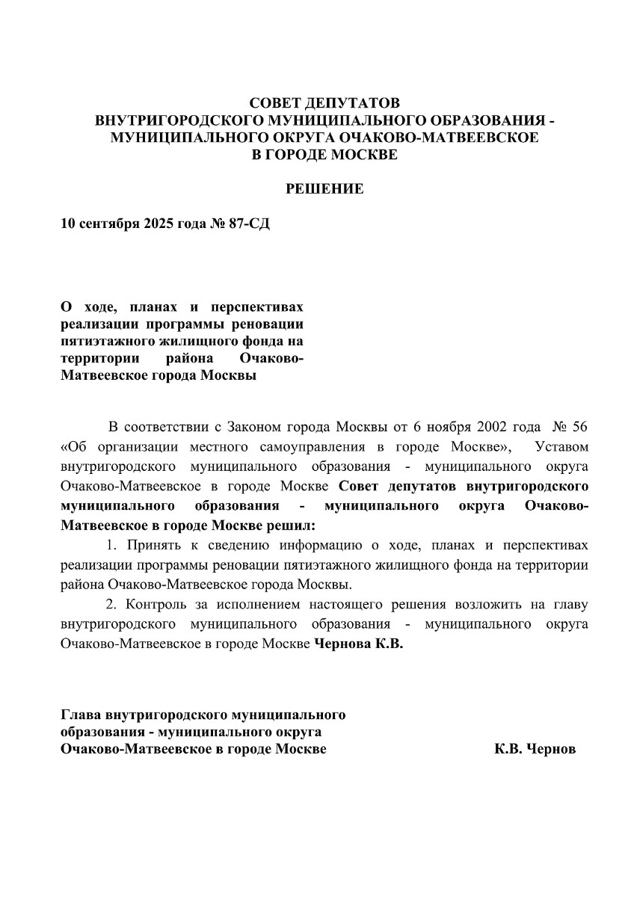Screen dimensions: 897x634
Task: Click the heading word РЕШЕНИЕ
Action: coord(325,189)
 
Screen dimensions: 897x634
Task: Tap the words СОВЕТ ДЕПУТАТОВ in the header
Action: coord(324,102)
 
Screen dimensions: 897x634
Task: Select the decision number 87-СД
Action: coord(250,224)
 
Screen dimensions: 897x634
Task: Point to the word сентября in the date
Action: coord(105,224)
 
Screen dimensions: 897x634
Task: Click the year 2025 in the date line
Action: coord(156,224)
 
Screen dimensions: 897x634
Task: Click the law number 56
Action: coord(580,428)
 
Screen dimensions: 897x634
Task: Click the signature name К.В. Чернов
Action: coord(535,749)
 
